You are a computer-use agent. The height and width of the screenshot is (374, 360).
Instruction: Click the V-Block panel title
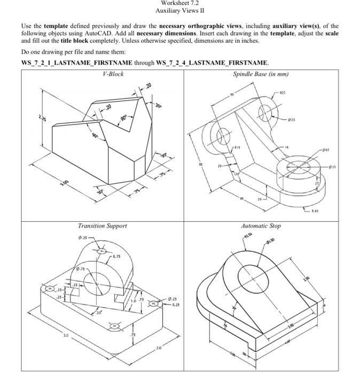pyautogui.click(x=113, y=74)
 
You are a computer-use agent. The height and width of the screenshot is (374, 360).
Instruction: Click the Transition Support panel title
pyautogui.click(x=103, y=225)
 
